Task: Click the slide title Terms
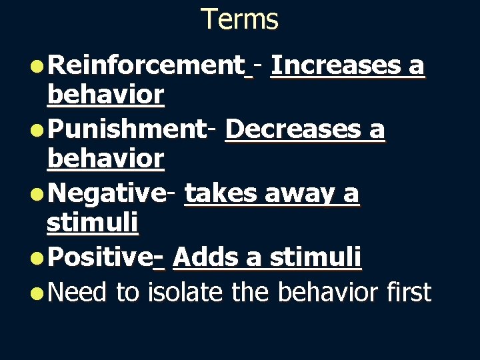[x=239, y=19]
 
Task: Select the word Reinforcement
[x=146, y=66]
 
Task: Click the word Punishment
[x=127, y=129]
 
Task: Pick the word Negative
[x=107, y=193]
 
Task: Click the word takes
[x=221, y=193]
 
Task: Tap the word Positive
[x=101, y=257]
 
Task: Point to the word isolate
[x=187, y=291]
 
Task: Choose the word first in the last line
[x=408, y=291]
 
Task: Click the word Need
[x=77, y=292]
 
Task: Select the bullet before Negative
[x=38, y=194]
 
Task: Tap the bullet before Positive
[x=38, y=257]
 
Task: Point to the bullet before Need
[x=38, y=293]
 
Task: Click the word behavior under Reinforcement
[x=105, y=95]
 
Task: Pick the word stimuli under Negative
[x=92, y=223]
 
